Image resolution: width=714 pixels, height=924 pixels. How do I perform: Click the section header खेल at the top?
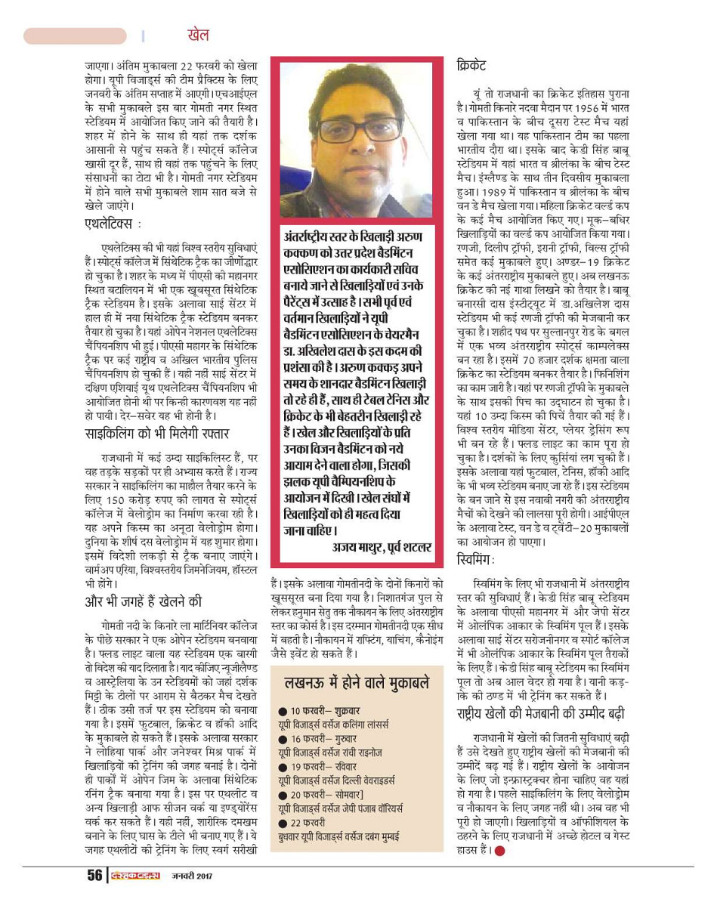pos(197,35)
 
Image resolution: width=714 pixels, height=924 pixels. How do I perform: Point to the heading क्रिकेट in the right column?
pos(471,66)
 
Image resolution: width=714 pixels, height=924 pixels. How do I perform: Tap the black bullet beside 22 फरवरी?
pos(282,821)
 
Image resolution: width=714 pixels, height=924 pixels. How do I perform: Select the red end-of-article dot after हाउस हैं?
pos(499,851)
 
